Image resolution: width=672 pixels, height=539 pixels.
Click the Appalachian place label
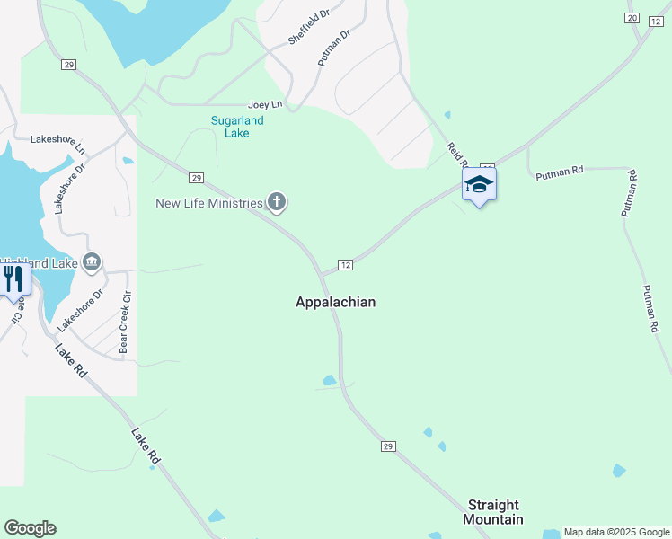pyautogui.click(x=335, y=303)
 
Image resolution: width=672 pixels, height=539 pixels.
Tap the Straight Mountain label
pyautogui.click(x=493, y=512)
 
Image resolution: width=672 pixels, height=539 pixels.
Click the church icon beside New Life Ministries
pyautogui.click(x=278, y=203)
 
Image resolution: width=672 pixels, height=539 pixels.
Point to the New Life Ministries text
pyautogui.click(x=209, y=203)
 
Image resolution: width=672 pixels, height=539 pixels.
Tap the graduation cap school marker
pyautogui.click(x=479, y=185)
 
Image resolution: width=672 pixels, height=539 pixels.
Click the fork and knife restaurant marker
pyautogui.click(x=13, y=278)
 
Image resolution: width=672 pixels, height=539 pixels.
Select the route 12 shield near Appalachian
pyautogui.click(x=345, y=265)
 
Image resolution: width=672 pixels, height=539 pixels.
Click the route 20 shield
pyautogui.click(x=632, y=19)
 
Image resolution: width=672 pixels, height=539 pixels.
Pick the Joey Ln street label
pyautogui.click(x=265, y=105)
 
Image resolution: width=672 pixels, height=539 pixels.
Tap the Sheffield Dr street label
pyautogui.click(x=309, y=29)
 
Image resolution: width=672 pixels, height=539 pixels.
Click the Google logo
pyautogui.click(x=30, y=528)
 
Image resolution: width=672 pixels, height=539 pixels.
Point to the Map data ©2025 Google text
pyautogui.click(x=616, y=533)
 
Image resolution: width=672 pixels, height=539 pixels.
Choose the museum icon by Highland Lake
pyautogui.click(x=91, y=262)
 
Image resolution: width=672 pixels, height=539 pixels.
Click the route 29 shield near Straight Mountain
pyautogui.click(x=387, y=446)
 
